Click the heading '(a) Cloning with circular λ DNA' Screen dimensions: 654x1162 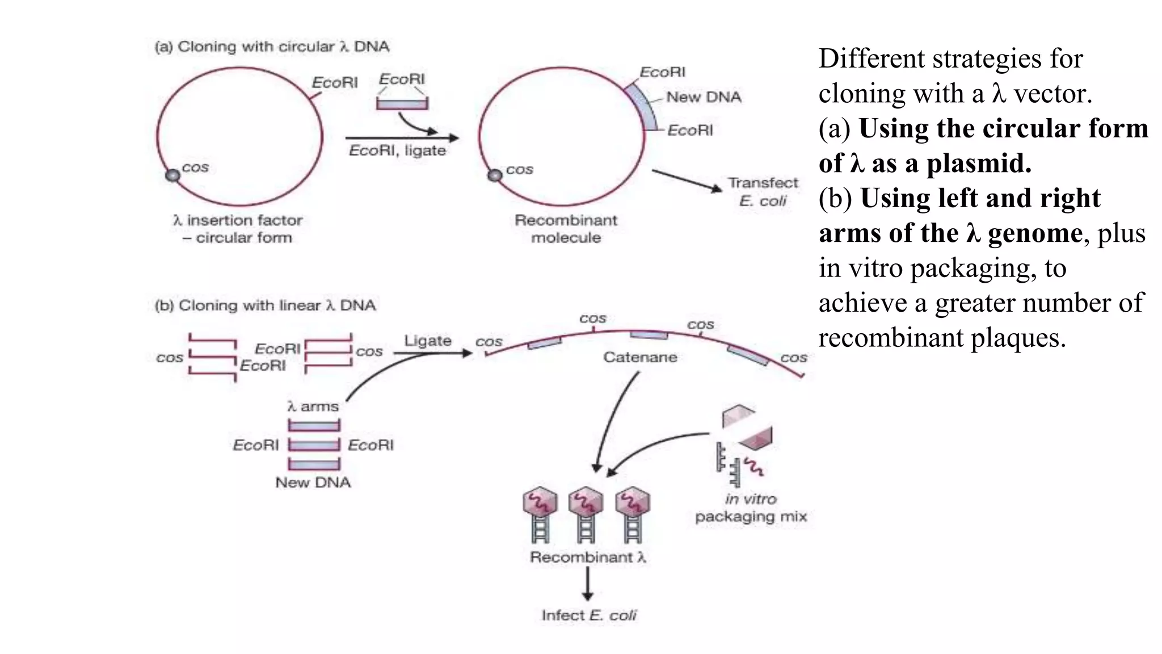pos(272,47)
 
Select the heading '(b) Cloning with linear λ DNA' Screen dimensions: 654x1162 pos(265,305)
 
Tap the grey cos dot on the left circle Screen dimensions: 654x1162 pos(172,175)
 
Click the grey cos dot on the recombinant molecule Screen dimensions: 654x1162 pos(495,175)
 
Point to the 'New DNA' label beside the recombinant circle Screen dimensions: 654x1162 pos(704,97)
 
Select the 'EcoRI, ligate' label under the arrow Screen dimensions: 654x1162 pos(397,150)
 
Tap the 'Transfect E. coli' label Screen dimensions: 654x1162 pos(763,192)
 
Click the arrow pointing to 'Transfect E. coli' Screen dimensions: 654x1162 pos(687,180)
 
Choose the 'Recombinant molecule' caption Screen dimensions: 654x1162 pos(566,229)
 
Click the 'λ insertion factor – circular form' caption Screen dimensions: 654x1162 pos(238,229)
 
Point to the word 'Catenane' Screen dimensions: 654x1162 pos(640,357)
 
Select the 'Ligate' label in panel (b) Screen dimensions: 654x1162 pos(428,341)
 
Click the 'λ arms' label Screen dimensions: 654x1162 pos(313,406)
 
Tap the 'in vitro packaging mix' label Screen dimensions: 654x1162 pos(751,508)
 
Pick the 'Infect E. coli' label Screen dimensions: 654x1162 pos(589,615)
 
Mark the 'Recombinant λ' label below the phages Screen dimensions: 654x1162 pos(588,557)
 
